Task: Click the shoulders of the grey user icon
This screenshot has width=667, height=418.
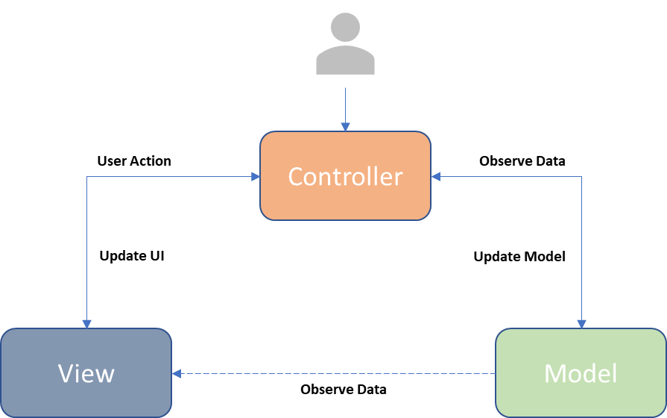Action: pyautogui.click(x=345, y=61)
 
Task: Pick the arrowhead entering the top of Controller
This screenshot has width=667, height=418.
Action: pyautogui.click(x=345, y=128)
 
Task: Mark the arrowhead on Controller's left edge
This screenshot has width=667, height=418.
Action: pyautogui.click(x=256, y=177)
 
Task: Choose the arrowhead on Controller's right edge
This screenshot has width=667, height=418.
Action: pyautogui.click(x=436, y=177)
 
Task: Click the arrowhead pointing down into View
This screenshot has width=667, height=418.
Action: pyautogui.click(x=86, y=324)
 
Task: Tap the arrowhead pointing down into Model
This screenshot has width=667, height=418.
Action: pyautogui.click(x=581, y=324)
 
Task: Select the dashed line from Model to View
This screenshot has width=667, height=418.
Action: pyautogui.click(x=335, y=373)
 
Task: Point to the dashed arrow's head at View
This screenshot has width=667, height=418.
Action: pyautogui.click(x=177, y=373)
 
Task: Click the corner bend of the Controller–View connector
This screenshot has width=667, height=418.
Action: pyautogui.click(x=86, y=177)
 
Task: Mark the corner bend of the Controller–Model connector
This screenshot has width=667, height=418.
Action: pyautogui.click(x=581, y=177)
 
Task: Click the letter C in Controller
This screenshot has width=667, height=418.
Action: pyautogui.click(x=296, y=177)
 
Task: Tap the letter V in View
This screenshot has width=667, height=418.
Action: pyautogui.click(x=66, y=373)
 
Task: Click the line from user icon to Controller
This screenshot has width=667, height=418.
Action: pyautogui.click(x=345, y=104)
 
